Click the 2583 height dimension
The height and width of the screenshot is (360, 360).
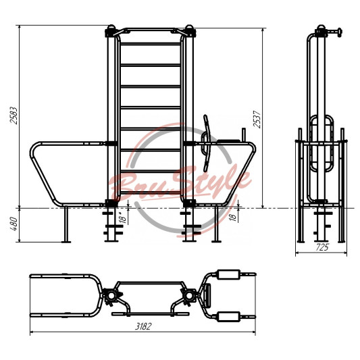click(14, 115)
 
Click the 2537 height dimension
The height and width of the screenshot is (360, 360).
click(257, 119)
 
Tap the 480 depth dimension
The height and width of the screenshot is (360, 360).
click(14, 224)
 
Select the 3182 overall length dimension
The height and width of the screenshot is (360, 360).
click(143, 326)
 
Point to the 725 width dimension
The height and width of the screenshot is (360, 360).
click(322, 247)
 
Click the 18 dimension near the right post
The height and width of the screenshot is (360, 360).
click(233, 217)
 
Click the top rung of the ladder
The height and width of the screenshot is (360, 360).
click(151, 44)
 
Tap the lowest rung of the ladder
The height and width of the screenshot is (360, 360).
click(151, 192)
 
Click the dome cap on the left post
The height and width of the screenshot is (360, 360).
click(111, 27)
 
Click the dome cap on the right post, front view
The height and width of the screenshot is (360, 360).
click(189, 27)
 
